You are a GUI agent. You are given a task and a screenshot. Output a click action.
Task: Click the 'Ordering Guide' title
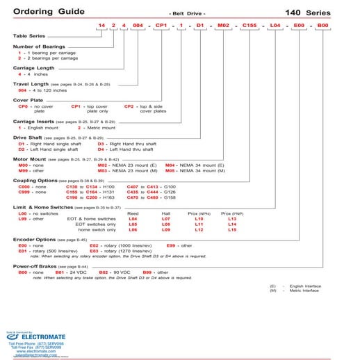(x=43, y=12)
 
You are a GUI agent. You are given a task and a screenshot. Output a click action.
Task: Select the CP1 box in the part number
(x=161, y=25)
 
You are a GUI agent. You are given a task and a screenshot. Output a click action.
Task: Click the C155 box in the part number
(x=250, y=25)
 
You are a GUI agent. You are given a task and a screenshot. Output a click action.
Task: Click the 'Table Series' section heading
(x=28, y=35)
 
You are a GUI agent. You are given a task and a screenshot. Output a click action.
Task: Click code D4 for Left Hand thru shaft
(x=101, y=149)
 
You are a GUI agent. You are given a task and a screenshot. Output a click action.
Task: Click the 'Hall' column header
(x=165, y=213)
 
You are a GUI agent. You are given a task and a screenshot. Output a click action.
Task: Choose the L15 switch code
(x=232, y=229)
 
